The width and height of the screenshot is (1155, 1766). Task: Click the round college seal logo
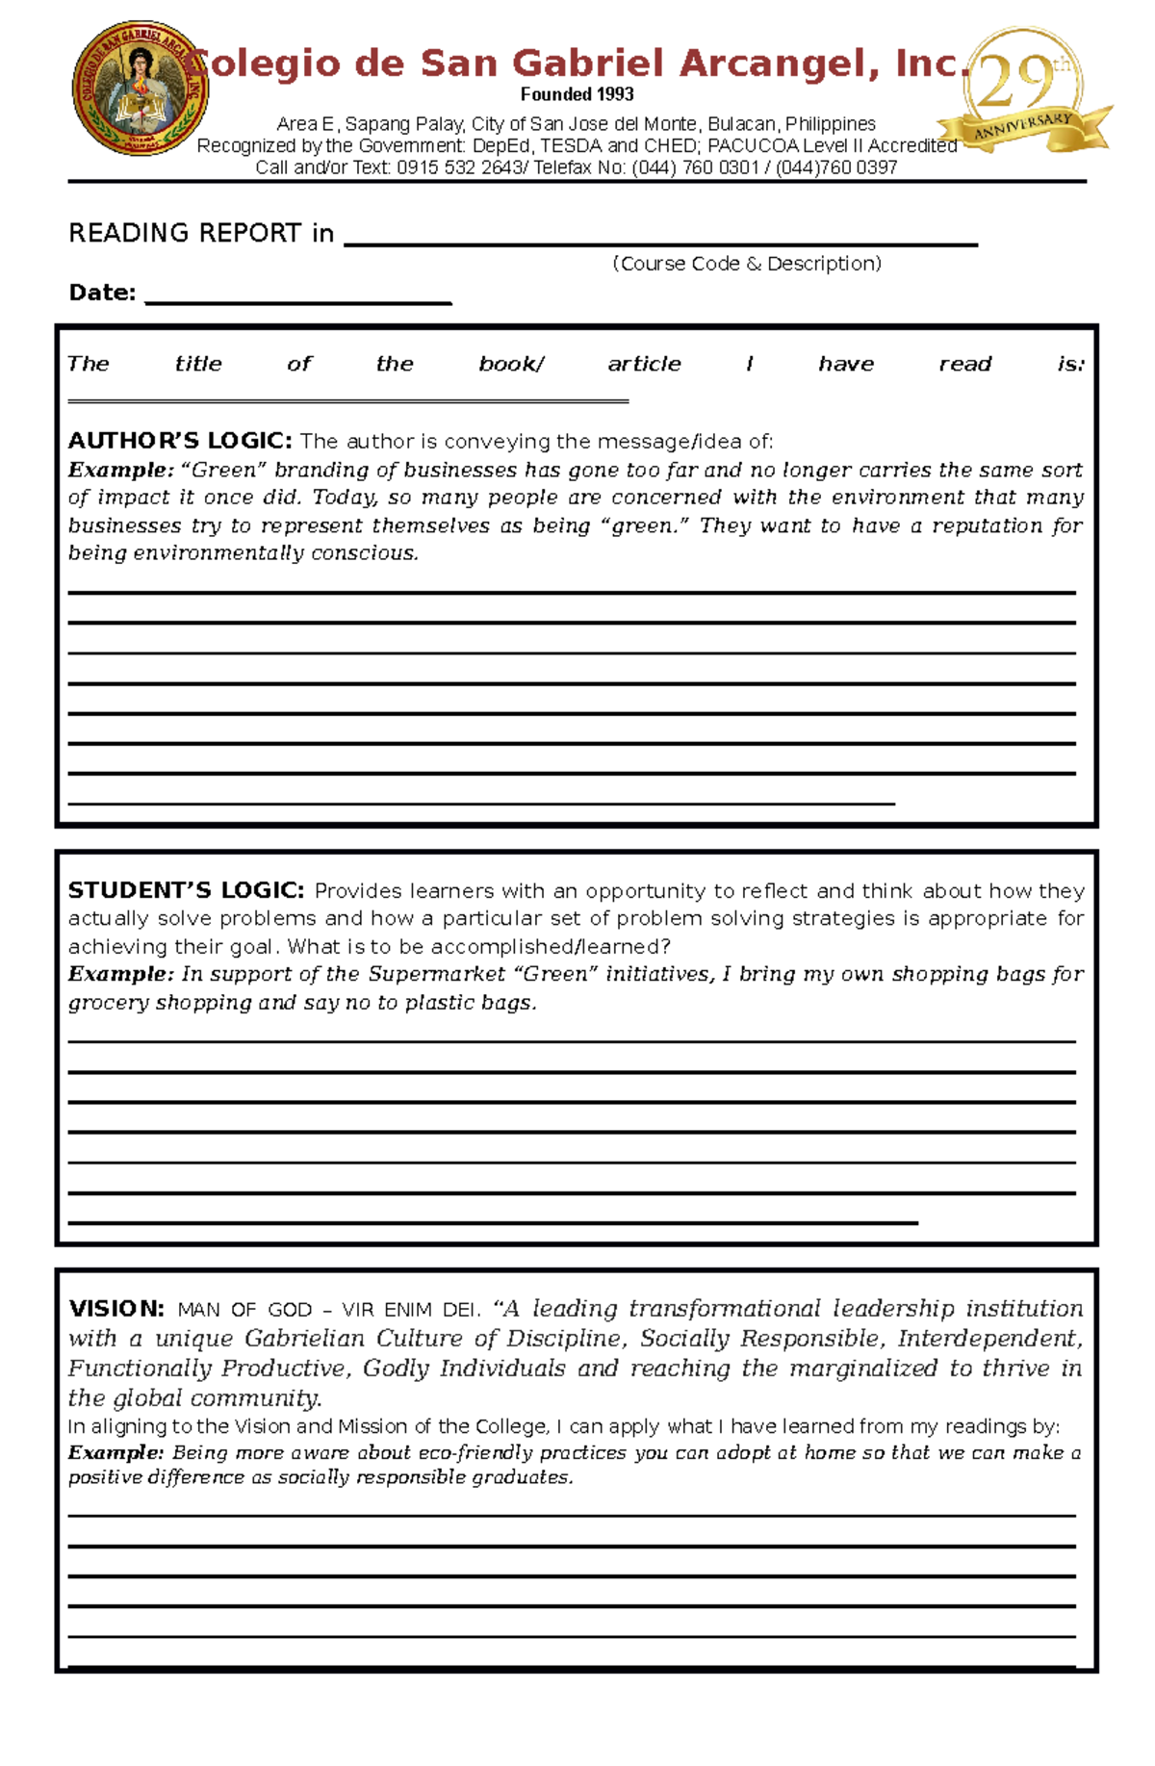(140, 89)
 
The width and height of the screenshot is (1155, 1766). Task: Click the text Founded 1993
(577, 94)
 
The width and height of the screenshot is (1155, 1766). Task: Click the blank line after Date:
(297, 301)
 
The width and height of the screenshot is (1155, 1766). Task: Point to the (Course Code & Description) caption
(747, 264)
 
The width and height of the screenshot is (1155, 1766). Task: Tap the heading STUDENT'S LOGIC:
(186, 890)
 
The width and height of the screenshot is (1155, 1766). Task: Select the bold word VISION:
(116, 1309)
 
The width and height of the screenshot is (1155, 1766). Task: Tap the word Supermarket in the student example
(437, 974)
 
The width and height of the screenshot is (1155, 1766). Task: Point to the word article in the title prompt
(644, 364)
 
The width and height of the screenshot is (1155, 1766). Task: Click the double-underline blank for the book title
(347, 400)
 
